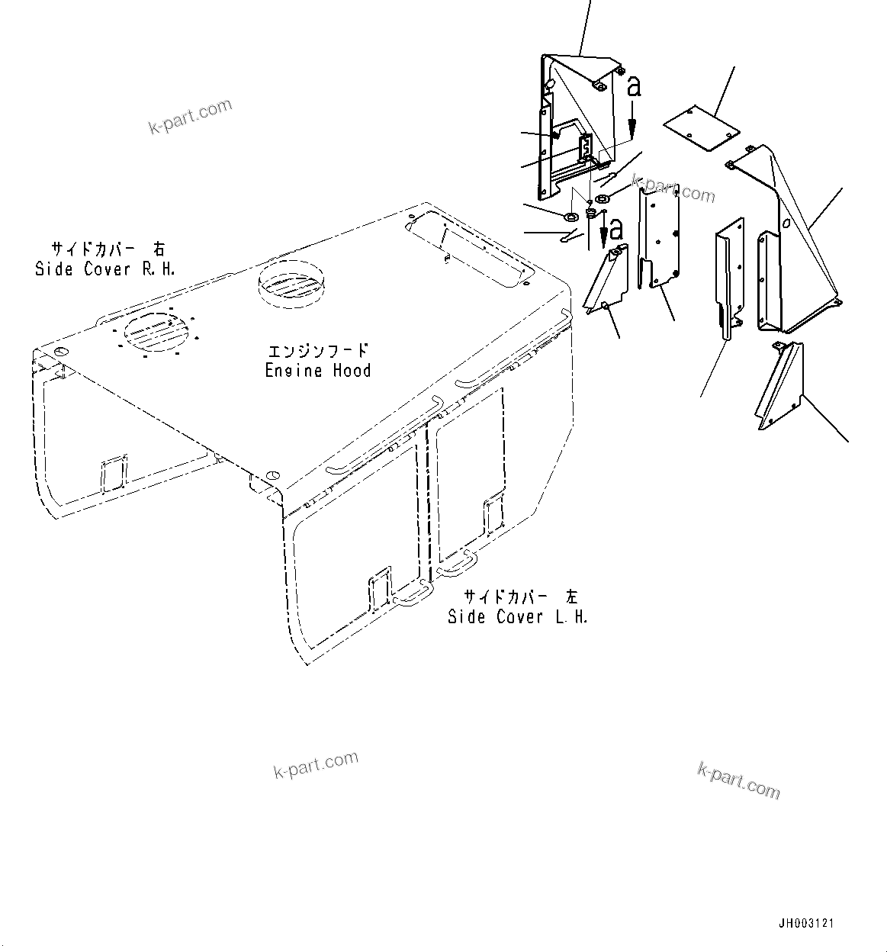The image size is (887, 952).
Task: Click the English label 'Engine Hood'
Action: coord(318,371)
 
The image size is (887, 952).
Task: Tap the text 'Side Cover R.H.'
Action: coord(105,269)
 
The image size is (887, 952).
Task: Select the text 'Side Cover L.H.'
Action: coord(518,616)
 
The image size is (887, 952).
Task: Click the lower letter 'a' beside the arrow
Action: coord(615,227)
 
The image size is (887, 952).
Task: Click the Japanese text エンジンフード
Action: coord(318,351)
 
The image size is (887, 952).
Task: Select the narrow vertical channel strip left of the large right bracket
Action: coord(728,275)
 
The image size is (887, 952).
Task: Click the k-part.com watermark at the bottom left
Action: coord(316,764)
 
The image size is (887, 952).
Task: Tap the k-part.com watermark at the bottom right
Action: coord(739,780)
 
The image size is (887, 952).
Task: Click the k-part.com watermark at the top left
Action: coord(190,115)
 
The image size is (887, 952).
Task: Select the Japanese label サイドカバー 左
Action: coord(520,597)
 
